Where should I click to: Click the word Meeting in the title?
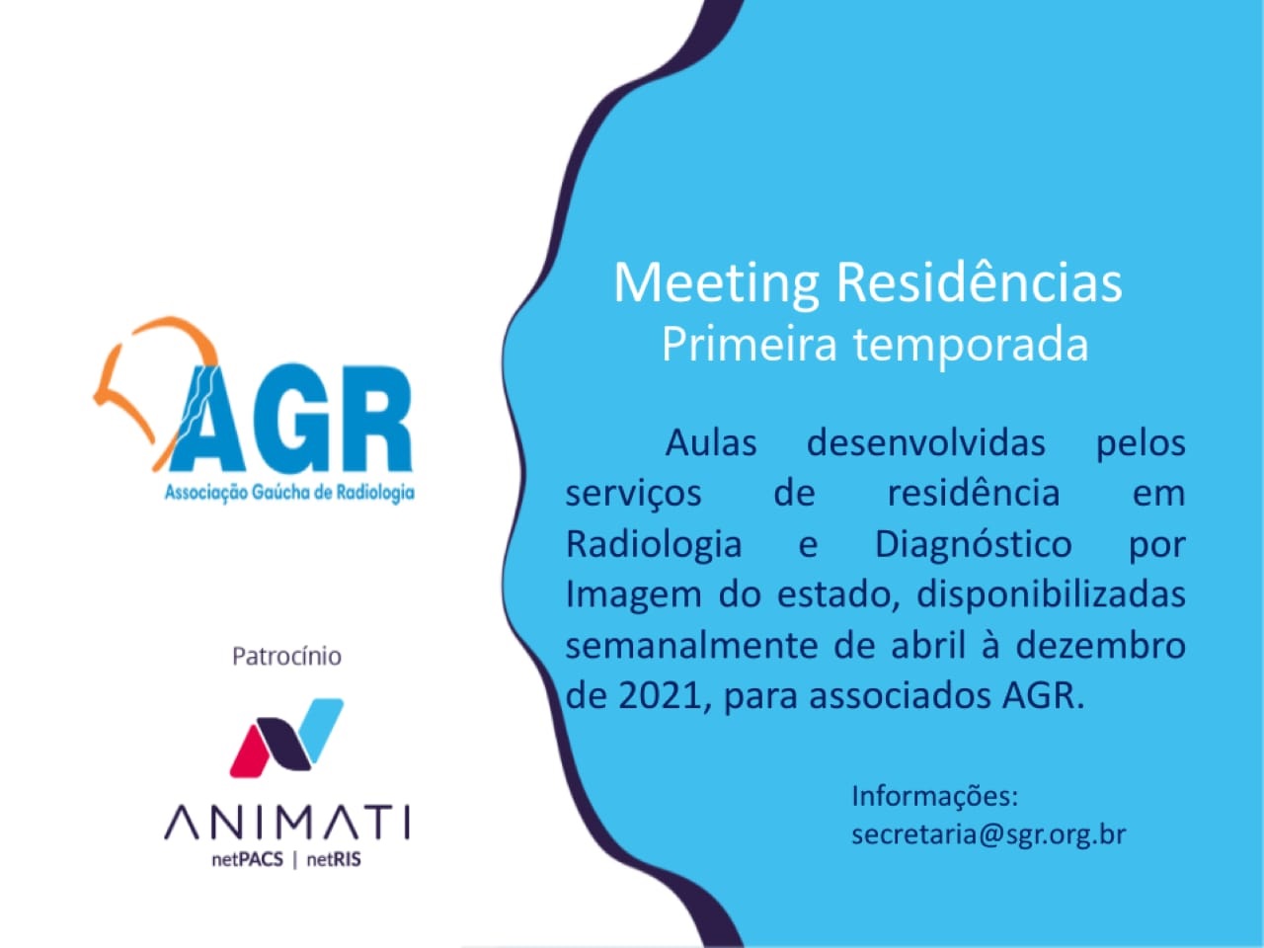(x=716, y=284)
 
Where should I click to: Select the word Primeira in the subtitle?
(x=749, y=345)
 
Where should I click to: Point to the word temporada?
(x=971, y=347)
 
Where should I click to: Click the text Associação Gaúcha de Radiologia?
(x=289, y=494)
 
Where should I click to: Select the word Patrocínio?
(x=286, y=657)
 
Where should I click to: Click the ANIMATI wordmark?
(x=286, y=824)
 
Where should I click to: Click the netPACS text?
(x=248, y=860)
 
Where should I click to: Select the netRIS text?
(x=334, y=860)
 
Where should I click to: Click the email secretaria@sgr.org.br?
(x=988, y=835)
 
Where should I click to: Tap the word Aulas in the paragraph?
(x=711, y=443)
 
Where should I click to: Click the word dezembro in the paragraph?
(x=1100, y=646)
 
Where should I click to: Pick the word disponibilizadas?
(x=1051, y=595)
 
